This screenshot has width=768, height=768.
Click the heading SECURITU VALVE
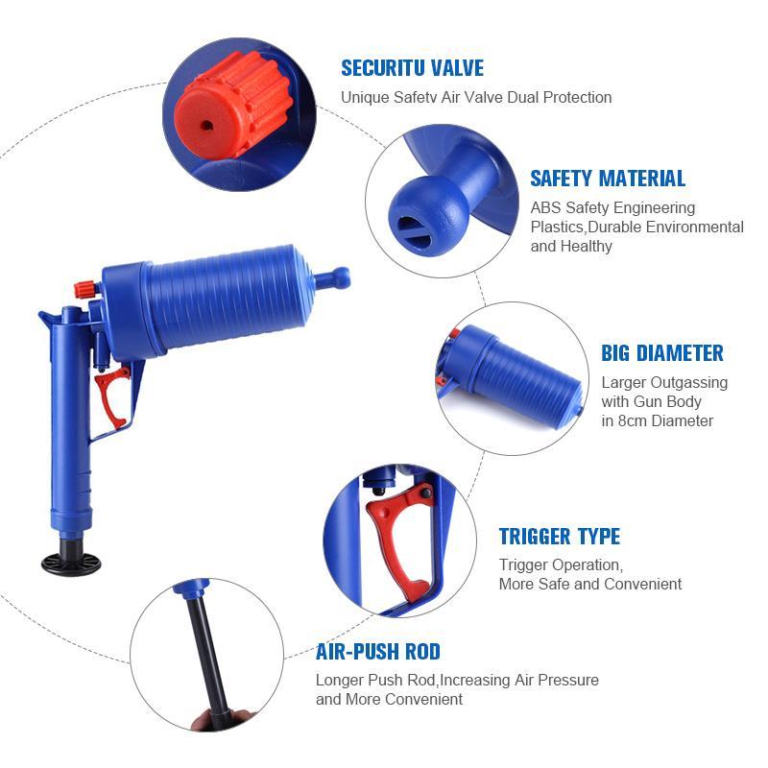coord(413,68)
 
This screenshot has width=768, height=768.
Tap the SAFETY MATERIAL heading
coord(608,179)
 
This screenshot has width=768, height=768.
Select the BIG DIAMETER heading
coord(662,353)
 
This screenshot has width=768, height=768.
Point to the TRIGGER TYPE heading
coord(560,537)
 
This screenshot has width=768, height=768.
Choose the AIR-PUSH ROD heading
coord(377,652)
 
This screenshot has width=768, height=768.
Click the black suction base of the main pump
coord(71,564)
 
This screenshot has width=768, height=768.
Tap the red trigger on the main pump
coord(113,397)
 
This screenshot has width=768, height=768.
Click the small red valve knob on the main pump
coord(85,290)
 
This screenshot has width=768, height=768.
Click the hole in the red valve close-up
coord(207,126)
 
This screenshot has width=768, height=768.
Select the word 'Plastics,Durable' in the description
coord(586,228)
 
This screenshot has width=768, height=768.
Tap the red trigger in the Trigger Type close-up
coord(398,539)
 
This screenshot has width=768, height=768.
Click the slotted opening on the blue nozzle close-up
coord(414,232)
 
